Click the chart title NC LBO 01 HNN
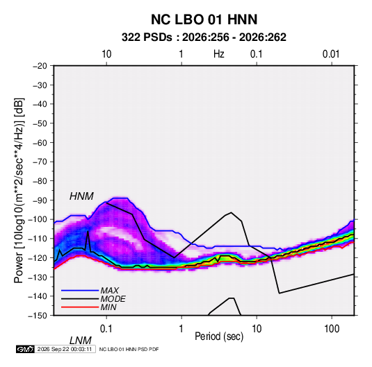coord(204,19)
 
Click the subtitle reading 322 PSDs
coord(147,37)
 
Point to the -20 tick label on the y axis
coord(40,66)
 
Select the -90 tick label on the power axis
coord(40,200)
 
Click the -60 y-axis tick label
coord(40,143)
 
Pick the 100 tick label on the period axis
coord(332,329)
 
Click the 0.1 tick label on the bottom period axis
coord(106,329)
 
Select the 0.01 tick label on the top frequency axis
coord(331,54)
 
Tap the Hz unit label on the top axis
coord(219,54)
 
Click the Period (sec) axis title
coord(219,336)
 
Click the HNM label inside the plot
coord(81,196)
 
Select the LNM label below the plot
coord(80,341)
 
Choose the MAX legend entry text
coord(109,291)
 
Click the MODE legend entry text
coord(113,299)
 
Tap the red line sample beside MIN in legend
coord(80,307)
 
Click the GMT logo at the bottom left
coord(26,349)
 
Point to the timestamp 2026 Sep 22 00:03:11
coord(65,349)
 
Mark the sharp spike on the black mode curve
coord(88,231)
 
